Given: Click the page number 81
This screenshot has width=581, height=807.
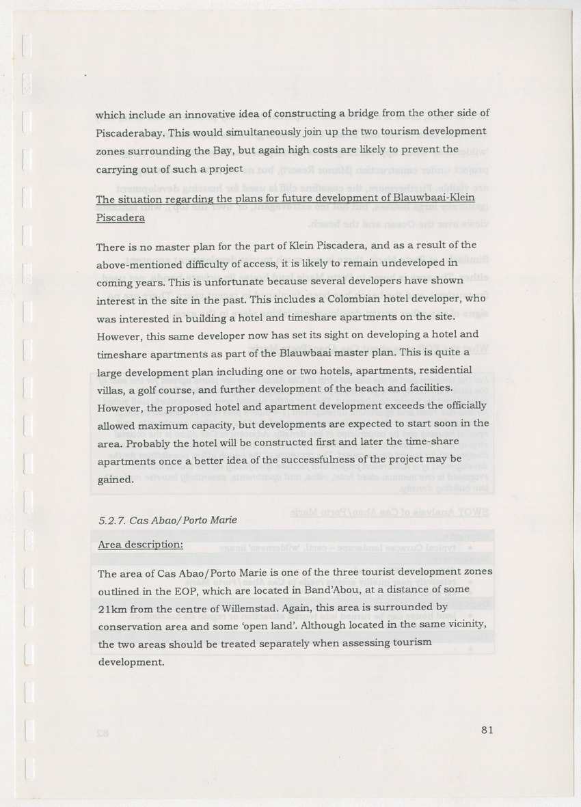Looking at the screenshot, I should (x=487, y=730).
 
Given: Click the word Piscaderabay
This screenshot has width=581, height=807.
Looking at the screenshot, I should (x=131, y=131).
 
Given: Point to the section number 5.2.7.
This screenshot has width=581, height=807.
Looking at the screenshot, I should (x=111, y=520).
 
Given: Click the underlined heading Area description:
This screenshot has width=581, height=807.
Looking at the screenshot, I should (x=140, y=545).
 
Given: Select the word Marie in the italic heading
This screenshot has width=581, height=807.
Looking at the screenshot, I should (x=220, y=520).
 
